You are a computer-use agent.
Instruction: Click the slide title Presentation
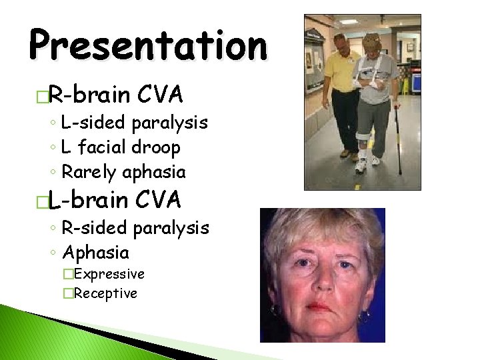[147, 45]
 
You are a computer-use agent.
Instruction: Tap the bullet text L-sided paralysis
[134, 123]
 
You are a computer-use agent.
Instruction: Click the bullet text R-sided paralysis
[135, 229]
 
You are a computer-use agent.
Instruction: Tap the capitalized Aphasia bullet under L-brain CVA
[95, 253]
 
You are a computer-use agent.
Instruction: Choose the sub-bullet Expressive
[111, 274]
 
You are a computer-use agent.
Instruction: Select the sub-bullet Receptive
[107, 293]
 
